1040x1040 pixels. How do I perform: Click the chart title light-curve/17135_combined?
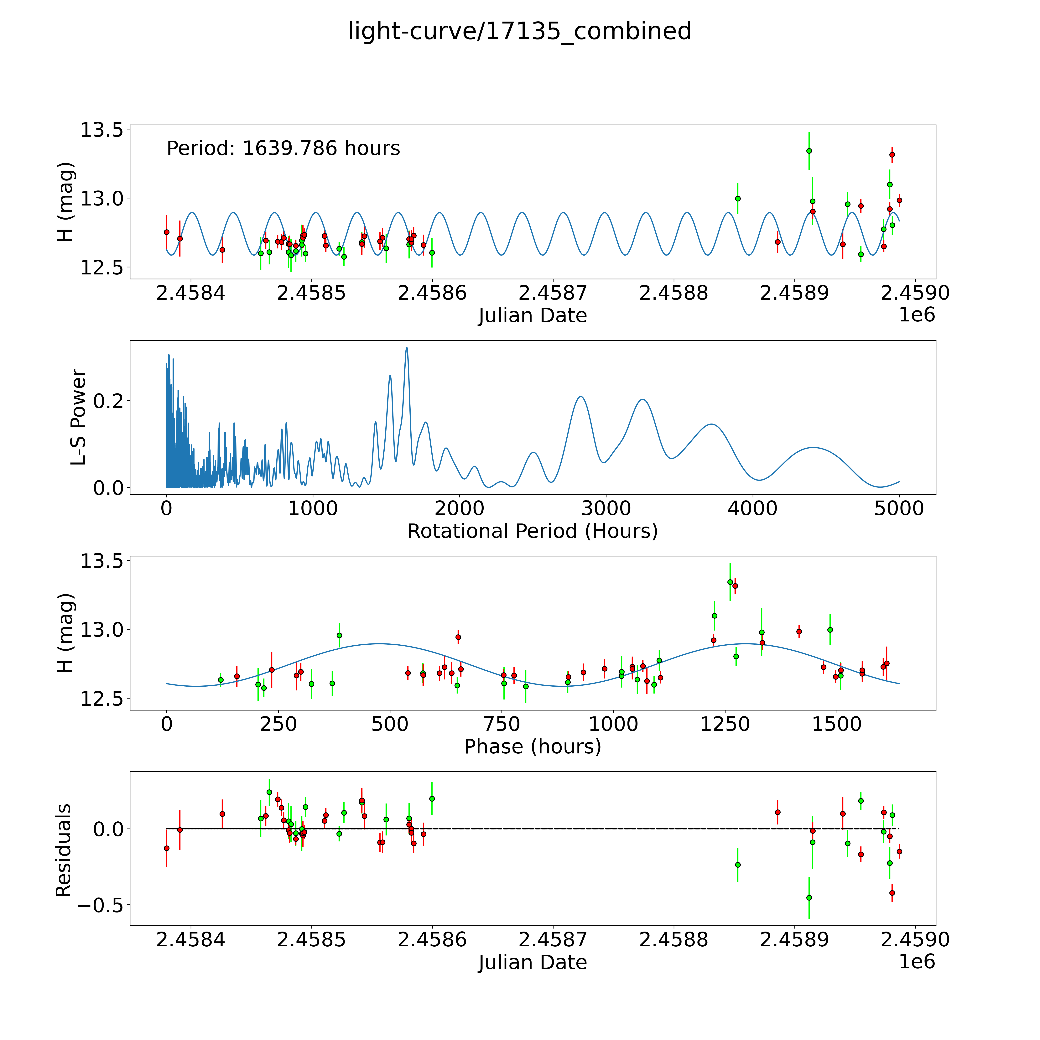tap(519, 31)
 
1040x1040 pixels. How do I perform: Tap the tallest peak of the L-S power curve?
tap(406, 348)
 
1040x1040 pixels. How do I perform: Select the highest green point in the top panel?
tap(809, 151)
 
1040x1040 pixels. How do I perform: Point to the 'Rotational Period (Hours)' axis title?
tap(532, 531)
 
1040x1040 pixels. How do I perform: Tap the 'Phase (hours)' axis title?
tap(532, 747)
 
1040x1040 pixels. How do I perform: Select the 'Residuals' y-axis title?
tap(64, 850)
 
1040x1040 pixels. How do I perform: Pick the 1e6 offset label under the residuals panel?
tap(917, 962)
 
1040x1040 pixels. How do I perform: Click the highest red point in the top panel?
tap(892, 154)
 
